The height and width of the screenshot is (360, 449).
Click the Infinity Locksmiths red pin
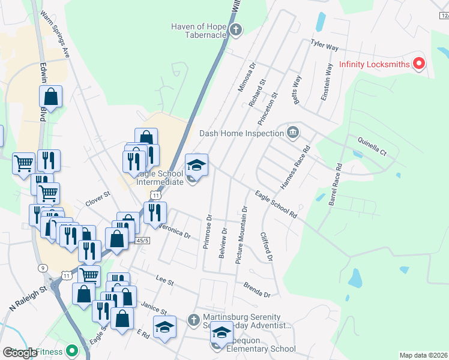(x=420, y=63)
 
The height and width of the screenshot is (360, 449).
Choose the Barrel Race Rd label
(x=334, y=185)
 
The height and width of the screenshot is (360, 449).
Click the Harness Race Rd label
(x=300, y=164)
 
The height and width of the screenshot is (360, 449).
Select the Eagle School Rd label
(x=276, y=205)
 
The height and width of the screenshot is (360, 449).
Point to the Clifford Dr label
(x=267, y=247)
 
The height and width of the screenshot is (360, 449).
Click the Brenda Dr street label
(x=257, y=291)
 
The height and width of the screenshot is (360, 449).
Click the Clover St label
(x=98, y=199)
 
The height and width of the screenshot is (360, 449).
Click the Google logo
(x=20, y=353)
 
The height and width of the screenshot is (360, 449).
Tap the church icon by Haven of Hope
(x=237, y=29)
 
